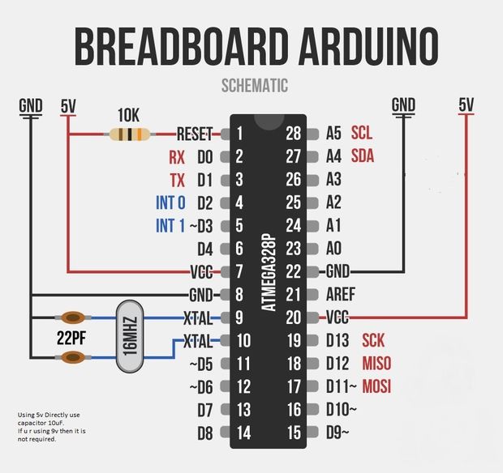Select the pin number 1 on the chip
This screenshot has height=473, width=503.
[x=239, y=133]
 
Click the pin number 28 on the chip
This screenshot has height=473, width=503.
[x=294, y=133]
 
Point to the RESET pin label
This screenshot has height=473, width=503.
[x=194, y=133]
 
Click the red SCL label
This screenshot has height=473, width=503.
[x=362, y=133]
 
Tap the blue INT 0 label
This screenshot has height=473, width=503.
[x=170, y=202]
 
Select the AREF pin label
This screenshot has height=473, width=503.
[x=341, y=294]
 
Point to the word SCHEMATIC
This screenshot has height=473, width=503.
[x=254, y=85]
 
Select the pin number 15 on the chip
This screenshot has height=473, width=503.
[x=294, y=433]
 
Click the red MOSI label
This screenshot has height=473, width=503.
[x=377, y=386]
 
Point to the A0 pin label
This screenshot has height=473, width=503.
[x=333, y=248]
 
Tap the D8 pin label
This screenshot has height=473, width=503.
[x=204, y=433]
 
